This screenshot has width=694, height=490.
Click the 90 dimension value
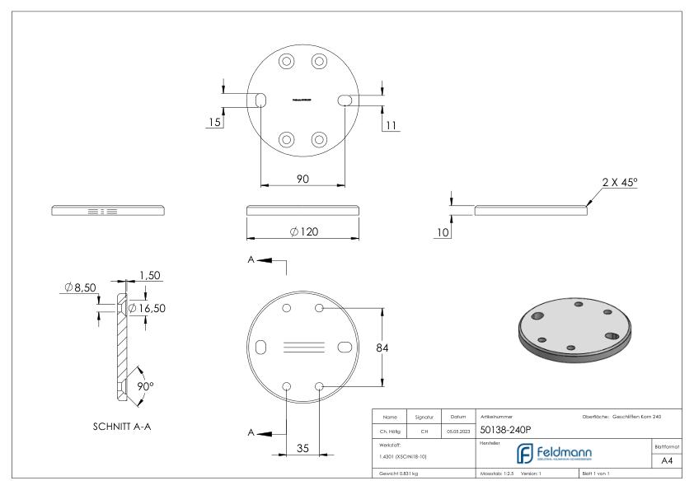point(302,180)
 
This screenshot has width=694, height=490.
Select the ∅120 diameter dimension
point(303,232)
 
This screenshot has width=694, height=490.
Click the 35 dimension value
point(302,449)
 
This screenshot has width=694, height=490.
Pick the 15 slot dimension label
point(214,123)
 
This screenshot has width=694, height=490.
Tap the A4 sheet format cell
point(668,463)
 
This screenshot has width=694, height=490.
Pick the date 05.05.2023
point(457,429)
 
